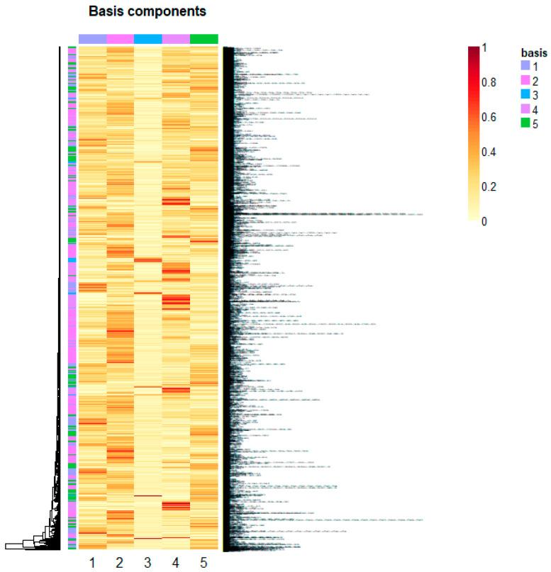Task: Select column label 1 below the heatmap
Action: (92, 562)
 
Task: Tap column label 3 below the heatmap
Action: (148, 562)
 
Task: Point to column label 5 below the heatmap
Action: (204, 562)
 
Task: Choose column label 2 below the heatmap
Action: (120, 562)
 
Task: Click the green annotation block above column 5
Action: (204, 38)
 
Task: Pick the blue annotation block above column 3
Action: (148, 38)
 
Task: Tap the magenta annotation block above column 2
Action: (120, 38)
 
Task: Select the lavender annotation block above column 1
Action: (92, 38)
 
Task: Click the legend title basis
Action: (531, 52)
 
